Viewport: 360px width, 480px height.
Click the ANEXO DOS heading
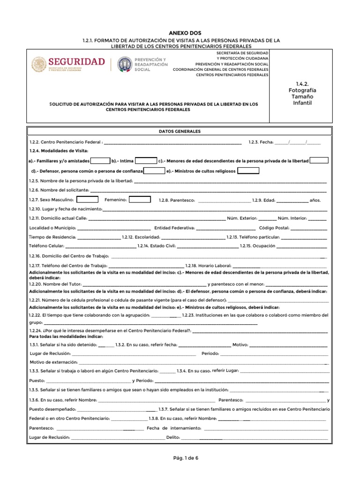point(180,33)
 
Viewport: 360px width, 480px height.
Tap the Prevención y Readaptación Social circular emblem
point(124,65)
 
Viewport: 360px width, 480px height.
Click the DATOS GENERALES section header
point(180,132)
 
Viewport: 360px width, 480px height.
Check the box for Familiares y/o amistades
point(100,161)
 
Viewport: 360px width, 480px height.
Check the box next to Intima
point(146,161)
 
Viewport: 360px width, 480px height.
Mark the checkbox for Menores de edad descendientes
point(319,161)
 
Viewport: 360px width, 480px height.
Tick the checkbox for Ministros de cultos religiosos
point(248,171)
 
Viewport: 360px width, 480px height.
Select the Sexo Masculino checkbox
point(87,199)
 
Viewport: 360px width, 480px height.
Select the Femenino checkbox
point(140,199)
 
